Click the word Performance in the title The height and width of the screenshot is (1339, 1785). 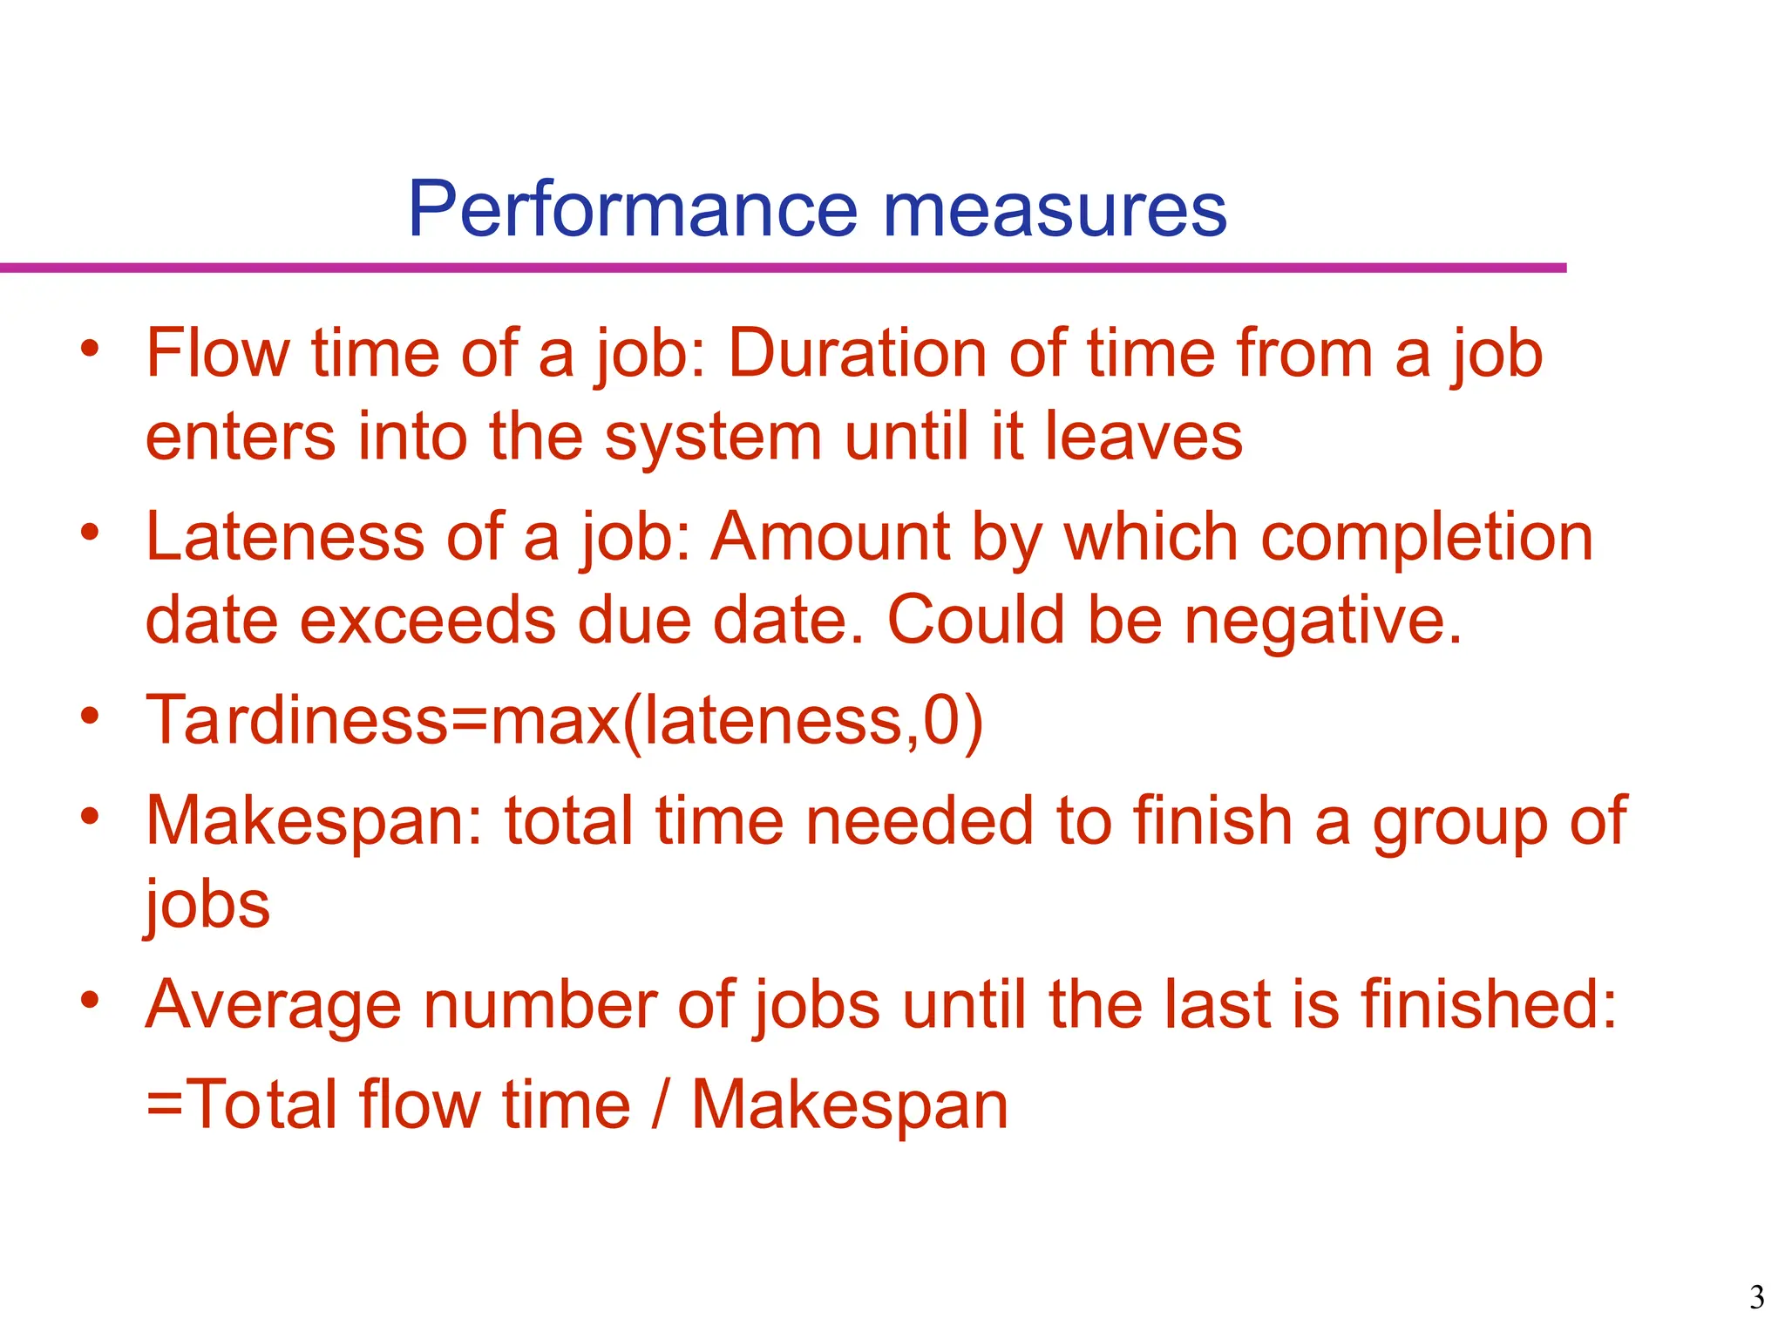click(632, 209)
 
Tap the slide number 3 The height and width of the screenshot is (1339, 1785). click(1757, 1298)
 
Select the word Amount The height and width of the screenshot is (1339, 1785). click(829, 537)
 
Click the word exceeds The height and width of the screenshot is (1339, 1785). click(428, 621)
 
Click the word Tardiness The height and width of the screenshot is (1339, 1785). click(296, 720)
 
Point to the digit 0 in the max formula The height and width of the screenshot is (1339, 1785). click(941, 720)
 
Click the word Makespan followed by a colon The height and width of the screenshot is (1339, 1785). click(314, 823)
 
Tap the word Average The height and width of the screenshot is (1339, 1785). click(273, 1006)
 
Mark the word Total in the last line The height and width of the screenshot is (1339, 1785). click(261, 1105)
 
